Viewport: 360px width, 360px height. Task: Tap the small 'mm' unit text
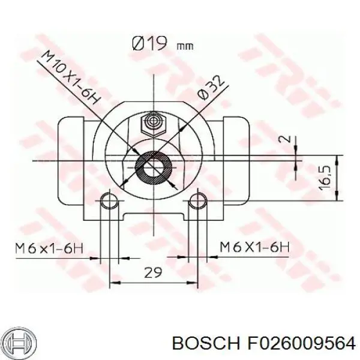pyautogui.click(x=185, y=47)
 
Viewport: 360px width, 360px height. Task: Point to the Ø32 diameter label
pyautogui.click(x=211, y=88)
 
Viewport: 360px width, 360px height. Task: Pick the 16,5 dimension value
pyautogui.click(x=325, y=178)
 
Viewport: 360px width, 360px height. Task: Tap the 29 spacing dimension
pyautogui.click(x=152, y=272)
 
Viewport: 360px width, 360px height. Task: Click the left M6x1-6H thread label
pyautogui.click(x=49, y=248)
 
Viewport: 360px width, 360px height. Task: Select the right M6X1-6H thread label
pyautogui.click(x=254, y=247)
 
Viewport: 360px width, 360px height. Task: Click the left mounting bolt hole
pyautogui.click(x=110, y=201)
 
